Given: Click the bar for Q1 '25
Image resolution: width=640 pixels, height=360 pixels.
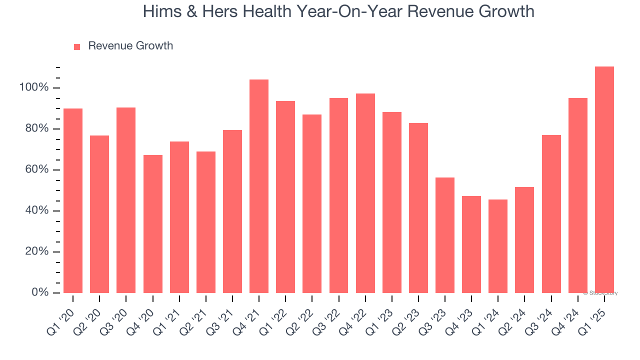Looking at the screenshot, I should (604, 179).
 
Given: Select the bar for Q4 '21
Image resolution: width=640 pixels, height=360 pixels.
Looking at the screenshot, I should (259, 186).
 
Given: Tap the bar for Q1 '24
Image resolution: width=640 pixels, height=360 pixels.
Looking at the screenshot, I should (498, 246).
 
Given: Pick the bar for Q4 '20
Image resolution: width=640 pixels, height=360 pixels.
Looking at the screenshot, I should (152, 224).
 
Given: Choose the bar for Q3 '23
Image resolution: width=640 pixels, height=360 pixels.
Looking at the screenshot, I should (444, 235).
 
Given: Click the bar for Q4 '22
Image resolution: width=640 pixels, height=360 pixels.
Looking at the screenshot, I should (365, 193).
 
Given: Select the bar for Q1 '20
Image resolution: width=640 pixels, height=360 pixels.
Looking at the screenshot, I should (73, 200).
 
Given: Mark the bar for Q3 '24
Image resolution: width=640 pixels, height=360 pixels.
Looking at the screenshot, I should (551, 214).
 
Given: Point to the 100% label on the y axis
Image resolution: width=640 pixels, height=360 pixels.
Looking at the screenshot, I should (34, 88).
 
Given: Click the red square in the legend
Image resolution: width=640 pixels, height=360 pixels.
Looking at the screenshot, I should (77, 47).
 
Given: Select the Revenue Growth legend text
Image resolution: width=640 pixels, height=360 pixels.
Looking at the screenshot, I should (130, 46).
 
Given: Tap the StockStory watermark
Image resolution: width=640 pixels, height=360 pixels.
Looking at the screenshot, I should (600, 293).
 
